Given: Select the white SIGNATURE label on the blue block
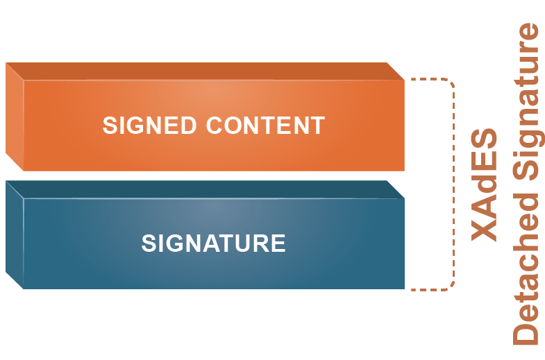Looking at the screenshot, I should (x=213, y=243).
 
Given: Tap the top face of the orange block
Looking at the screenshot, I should (x=205, y=71).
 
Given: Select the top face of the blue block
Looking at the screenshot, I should (x=205, y=189).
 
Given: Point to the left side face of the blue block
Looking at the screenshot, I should (x=14, y=236).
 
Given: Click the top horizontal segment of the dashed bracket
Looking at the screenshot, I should (x=427, y=79).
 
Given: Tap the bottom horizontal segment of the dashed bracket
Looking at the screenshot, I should (x=427, y=289).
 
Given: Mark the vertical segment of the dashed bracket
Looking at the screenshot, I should (x=454, y=185).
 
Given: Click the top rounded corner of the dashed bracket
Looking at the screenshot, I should (x=451, y=83).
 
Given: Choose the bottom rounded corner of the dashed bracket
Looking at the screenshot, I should (x=451, y=285).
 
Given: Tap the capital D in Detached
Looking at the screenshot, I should (x=526, y=333).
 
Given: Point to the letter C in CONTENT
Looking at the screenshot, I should (x=215, y=126).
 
